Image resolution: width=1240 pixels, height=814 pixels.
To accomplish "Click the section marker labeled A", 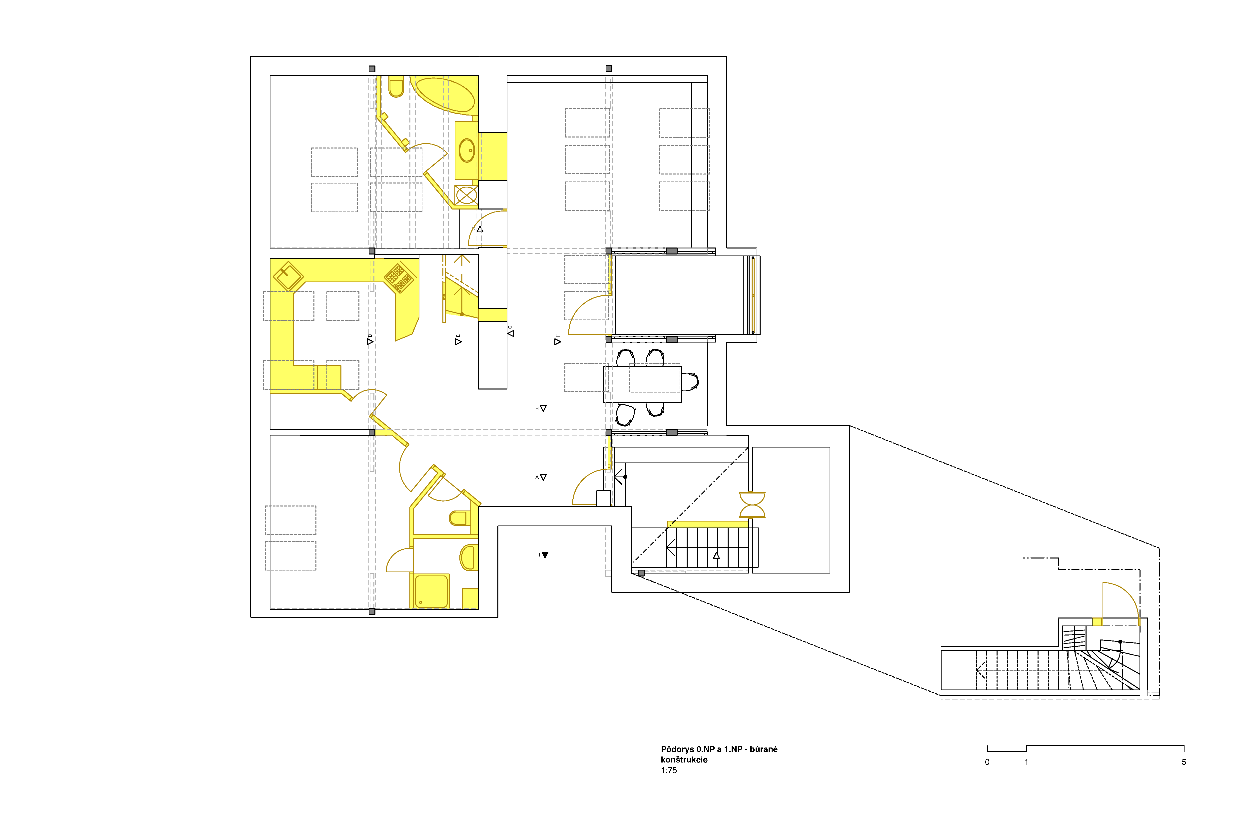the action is pyautogui.click(x=543, y=477).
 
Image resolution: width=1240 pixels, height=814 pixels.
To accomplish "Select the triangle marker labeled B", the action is pyautogui.click(x=543, y=408).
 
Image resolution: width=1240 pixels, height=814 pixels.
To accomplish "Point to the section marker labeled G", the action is pyautogui.click(x=511, y=333).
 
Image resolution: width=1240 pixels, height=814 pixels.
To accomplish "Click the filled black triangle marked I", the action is pyautogui.click(x=545, y=555).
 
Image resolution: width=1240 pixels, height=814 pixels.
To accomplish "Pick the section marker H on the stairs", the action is pyautogui.click(x=716, y=555).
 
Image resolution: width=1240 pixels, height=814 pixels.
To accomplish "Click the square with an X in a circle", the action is pyautogui.click(x=466, y=195).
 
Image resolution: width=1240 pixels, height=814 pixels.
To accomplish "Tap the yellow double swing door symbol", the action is pyautogui.click(x=752, y=504).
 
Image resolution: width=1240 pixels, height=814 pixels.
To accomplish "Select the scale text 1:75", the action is pyautogui.click(x=669, y=770).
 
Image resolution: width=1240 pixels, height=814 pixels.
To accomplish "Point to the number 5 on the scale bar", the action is pyautogui.click(x=1184, y=762).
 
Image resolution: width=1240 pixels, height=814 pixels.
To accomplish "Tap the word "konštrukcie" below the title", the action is pyautogui.click(x=684, y=760).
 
